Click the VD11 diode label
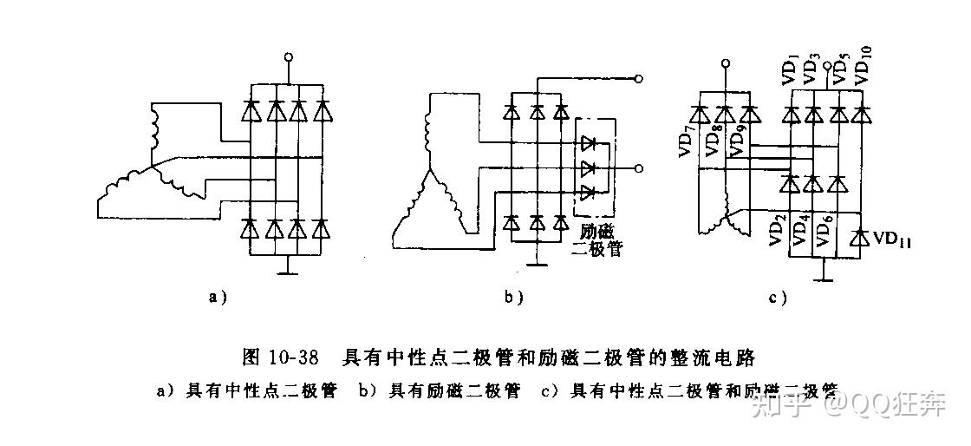(x=894, y=238)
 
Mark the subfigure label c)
(x=778, y=298)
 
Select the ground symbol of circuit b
(x=537, y=259)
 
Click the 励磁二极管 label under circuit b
(x=597, y=240)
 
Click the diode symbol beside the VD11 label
(x=860, y=237)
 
